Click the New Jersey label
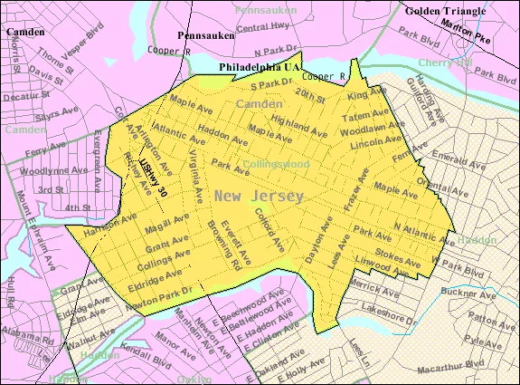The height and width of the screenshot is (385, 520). [260, 196]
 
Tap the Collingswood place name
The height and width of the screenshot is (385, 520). [275, 164]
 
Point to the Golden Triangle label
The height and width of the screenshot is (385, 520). [449, 11]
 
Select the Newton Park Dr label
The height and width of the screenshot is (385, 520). [163, 294]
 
